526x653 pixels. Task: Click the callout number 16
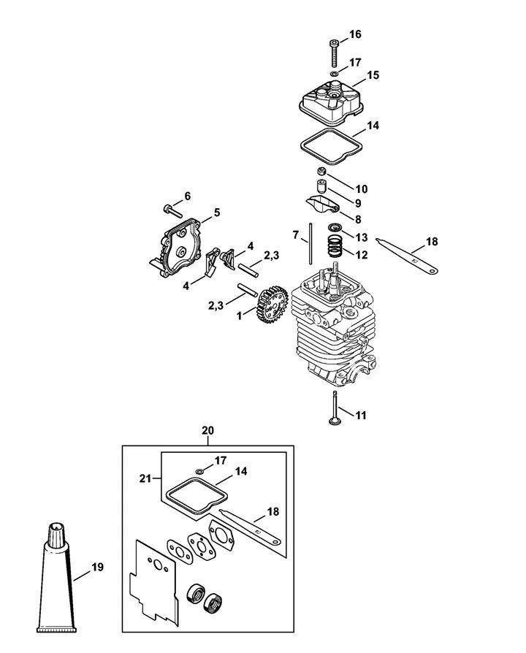click(355, 34)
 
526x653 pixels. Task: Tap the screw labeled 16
click(334, 53)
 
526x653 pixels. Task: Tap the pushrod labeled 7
click(310, 244)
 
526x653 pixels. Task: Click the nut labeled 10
click(321, 171)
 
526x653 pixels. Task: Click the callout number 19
click(97, 567)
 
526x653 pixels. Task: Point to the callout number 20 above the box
click(207, 430)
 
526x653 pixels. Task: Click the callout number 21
click(145, 478)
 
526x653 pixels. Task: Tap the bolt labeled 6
click(170, 210)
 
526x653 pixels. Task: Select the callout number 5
click(216, 213)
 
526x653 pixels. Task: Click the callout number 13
click(362, 237)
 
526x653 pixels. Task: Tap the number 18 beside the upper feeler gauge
click(432, 242)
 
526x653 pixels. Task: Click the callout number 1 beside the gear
click(239, 316)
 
